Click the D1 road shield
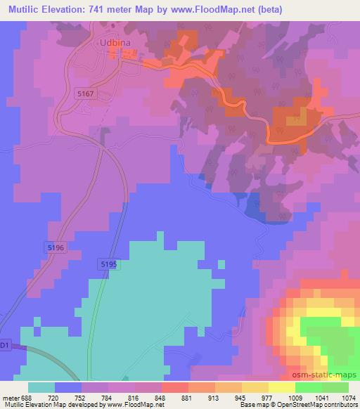pyautogui.click(x=5, y=345)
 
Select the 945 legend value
pyautogui.click(x=232, y=396)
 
